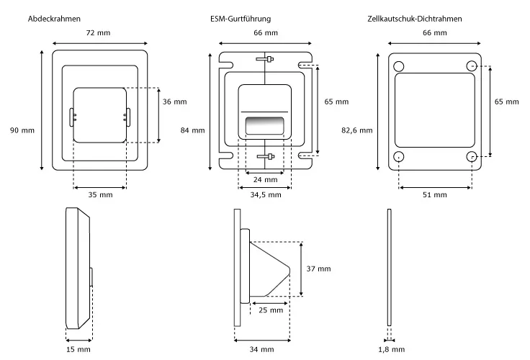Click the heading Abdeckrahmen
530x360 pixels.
click(54, 17)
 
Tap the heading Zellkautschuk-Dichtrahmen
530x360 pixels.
click(415, 17)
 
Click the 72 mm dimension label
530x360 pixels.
click(98, 34)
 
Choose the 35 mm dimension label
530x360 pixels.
click(100, 195)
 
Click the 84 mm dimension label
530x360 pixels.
click(192, 130)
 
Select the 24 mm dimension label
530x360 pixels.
click(266, 180)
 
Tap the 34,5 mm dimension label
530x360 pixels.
click(265, 195)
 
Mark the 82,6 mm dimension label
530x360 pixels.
click(356, 130)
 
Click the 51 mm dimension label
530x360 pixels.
click(434, 195)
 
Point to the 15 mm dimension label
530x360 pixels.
click(78, 349)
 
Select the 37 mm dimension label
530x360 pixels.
click(318, 269)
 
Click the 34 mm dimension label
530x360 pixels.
click(262, 349)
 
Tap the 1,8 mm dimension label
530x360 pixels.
click(389, 349)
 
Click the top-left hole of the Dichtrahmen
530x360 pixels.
click(399, 66)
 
